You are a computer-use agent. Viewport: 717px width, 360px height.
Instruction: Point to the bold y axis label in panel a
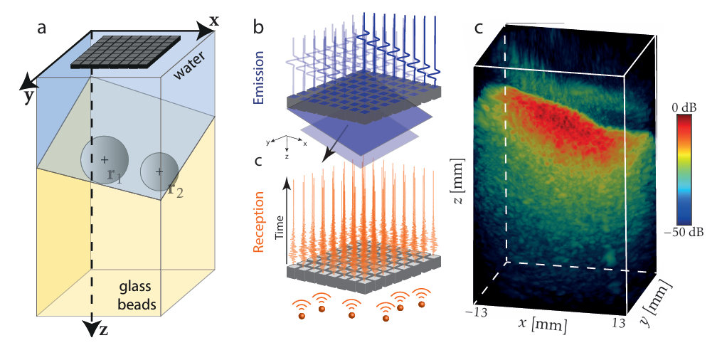[28, 95]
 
